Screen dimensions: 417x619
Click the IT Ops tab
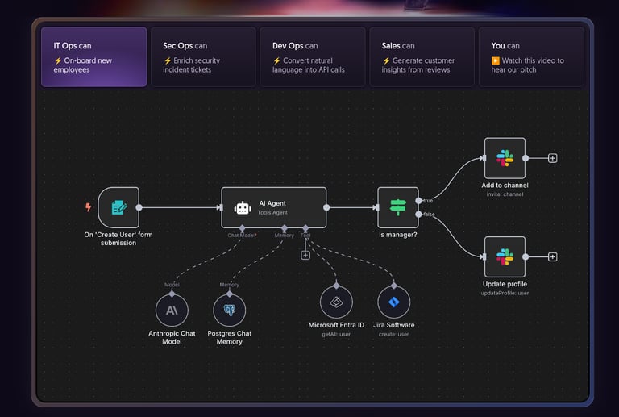click(94, 56)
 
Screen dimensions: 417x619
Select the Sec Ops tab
click(203, 56)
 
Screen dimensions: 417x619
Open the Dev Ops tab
click(312, 56)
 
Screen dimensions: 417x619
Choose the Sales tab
click(422, 56)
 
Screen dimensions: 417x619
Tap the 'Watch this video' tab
click(530, 56)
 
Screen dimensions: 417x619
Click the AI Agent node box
click(274, 207)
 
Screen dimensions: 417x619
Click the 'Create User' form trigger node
click(118, 207)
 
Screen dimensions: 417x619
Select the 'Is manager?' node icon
click(398, 207)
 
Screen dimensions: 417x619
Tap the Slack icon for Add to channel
click(505, 158)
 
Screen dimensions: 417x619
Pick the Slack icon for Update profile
click(505, 256)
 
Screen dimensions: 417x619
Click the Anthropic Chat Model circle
click(172, 310)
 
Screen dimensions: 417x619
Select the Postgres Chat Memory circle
click(229, 310)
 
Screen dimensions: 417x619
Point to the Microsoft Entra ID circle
click(336, 302)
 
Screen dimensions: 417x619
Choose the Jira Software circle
click(393, 302)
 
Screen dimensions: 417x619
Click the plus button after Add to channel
click(553, 158)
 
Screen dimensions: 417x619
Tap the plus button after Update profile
click(553, 256)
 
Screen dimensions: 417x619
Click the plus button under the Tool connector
click(305, 256)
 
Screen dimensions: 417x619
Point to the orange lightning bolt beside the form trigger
click(89, 207)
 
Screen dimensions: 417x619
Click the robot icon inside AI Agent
click(243, 207)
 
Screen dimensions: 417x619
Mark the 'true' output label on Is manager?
click(427, 200)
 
